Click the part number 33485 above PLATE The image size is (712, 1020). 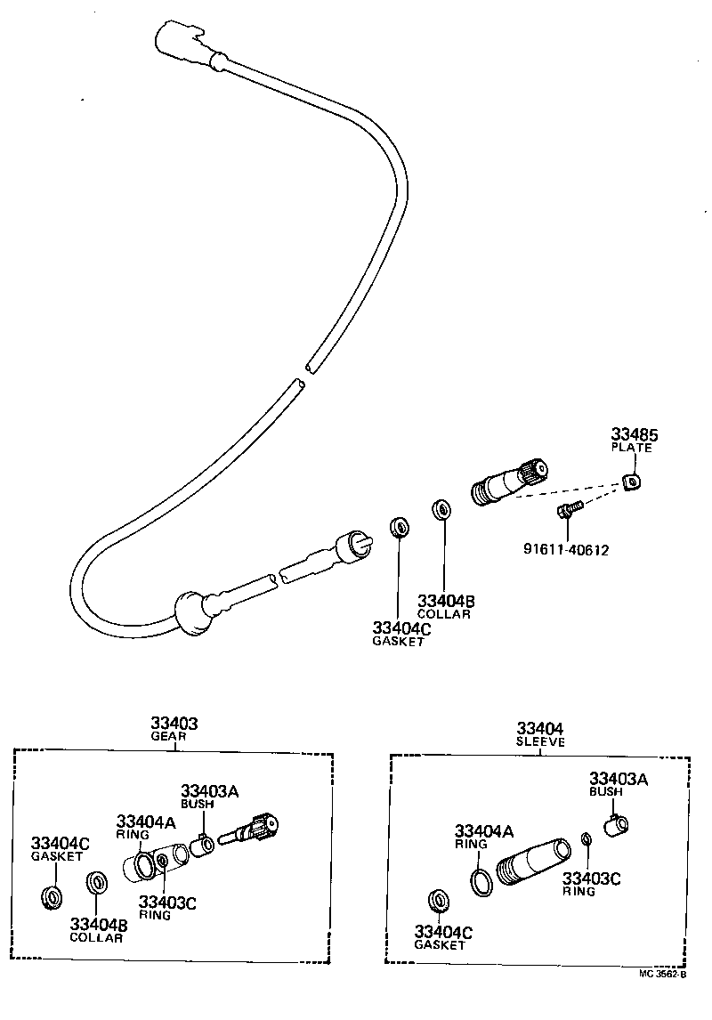click(x=634, y=435)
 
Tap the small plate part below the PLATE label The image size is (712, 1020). click(x=632, y=482)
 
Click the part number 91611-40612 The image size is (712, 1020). click(x=566, y=549)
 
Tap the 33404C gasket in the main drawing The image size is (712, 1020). click(x=399, y=527)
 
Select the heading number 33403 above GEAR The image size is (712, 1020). click(x=174, y=724)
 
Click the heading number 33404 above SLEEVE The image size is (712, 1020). click(x=541, y=728)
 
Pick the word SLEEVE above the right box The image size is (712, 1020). click(x=541, y=741)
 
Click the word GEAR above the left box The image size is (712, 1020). click(x=174, y=737)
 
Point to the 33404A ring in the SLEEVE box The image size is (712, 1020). click(x=481, y=881)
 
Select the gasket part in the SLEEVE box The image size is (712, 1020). click(x=438, y=901)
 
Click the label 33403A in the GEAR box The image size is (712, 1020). click(x=211, y=790)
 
